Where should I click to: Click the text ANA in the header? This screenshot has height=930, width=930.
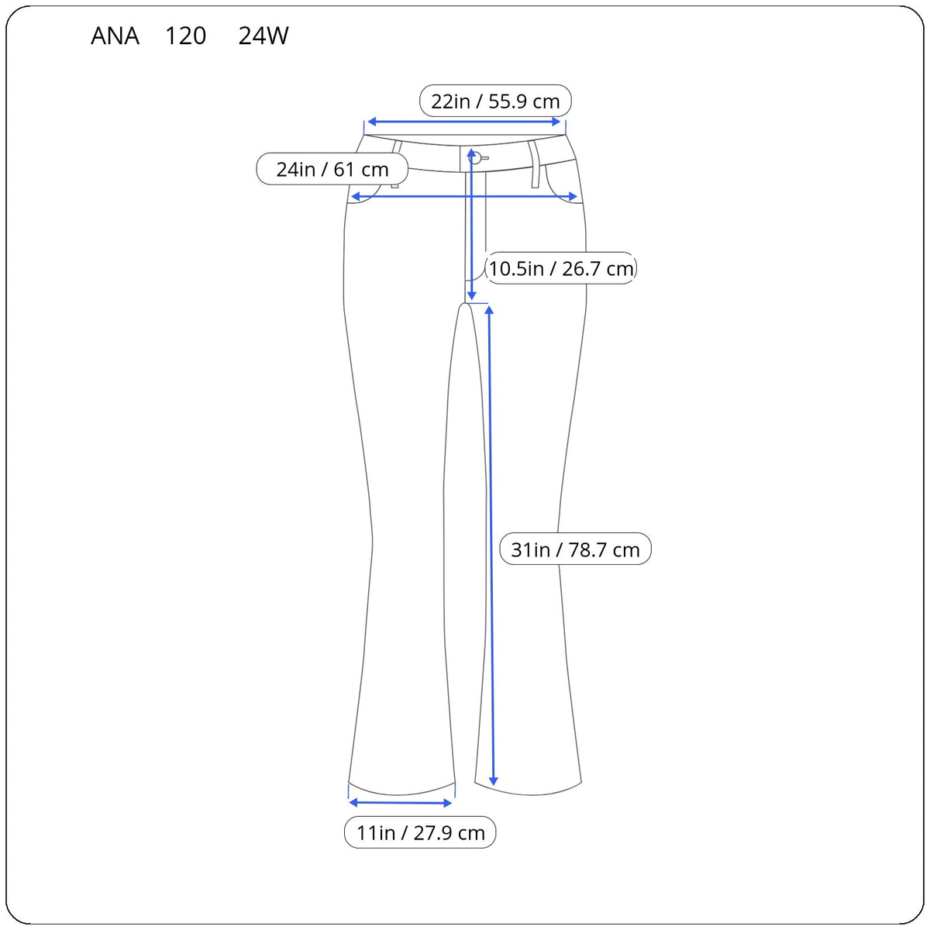click(115, 36)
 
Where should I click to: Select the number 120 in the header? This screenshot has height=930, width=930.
click(186, 36)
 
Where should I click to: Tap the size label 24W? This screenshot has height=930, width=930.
click(263, 36)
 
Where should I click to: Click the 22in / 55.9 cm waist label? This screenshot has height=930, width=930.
click(495, 102)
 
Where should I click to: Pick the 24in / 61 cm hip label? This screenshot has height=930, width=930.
click(332, 169)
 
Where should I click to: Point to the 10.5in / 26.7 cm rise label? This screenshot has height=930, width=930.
click(561, 268)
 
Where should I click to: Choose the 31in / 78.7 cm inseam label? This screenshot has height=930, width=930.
click(575, 549)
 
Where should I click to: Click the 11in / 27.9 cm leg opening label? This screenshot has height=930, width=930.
click(420, 832)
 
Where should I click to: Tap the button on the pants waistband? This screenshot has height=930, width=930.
click(474, 157)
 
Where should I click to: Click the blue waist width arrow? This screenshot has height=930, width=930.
click(463, 122)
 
